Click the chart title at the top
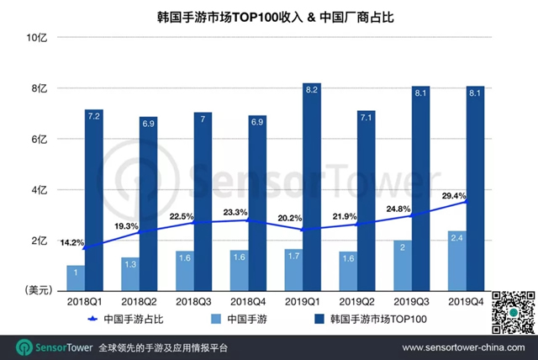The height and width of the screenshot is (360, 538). [268, 16]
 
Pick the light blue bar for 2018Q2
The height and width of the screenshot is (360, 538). [131, 273]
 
